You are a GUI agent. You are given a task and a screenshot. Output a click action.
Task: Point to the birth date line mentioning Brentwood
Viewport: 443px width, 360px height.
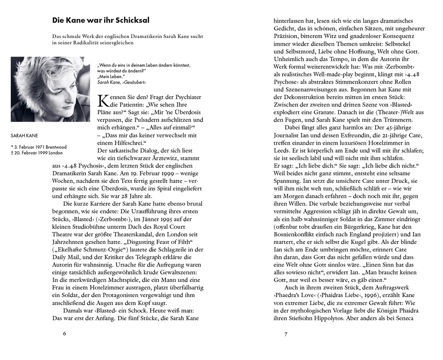point(39,147)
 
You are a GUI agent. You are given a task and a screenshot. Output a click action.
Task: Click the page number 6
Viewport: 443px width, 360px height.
point(65,333)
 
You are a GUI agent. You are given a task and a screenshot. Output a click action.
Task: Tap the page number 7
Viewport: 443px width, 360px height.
point(286,333)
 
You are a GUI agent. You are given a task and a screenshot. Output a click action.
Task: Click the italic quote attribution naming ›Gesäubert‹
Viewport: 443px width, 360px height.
point(120,82)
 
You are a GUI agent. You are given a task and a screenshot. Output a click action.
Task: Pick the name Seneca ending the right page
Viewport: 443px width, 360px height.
point(403,318)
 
